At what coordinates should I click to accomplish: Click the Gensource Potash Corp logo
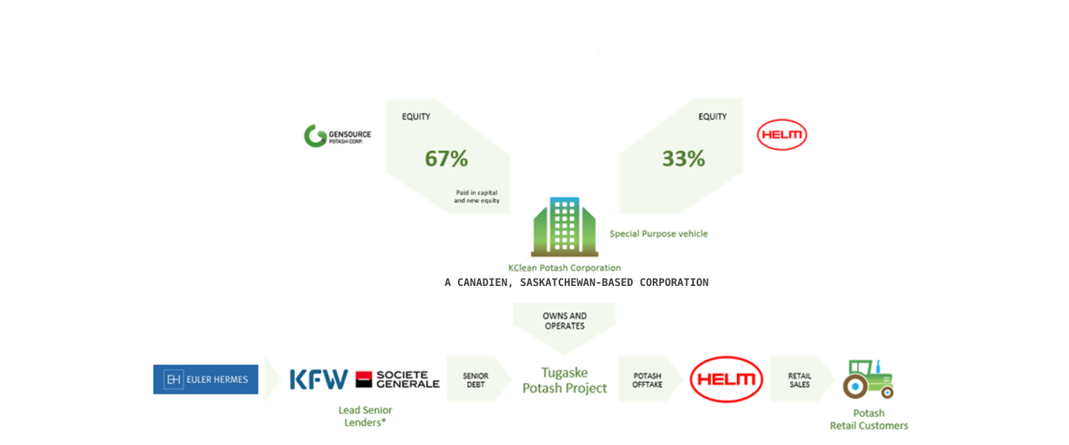(x=337, y=136)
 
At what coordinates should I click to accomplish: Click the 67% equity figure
(x=446, y=158)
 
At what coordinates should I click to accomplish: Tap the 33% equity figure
(x=683, y=158)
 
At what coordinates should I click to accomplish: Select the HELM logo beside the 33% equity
(x=782, y=134)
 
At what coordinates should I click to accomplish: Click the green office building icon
(x=565, y=227)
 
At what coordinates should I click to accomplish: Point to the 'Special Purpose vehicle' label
(x=659, y=234)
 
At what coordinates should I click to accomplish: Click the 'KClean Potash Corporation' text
(x=564, y=268)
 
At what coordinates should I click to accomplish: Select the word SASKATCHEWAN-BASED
(x=577, y=283)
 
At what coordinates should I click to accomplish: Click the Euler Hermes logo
(x=206, y=379)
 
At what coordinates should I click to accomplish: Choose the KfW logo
(x=319, y=379)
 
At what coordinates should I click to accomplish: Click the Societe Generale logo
(x=398, y=379)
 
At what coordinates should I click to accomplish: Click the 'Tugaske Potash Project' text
(x=565, y=380)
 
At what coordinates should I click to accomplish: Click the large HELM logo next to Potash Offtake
(x=727, y=379)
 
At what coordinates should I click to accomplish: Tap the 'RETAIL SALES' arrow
(x=802, y=379)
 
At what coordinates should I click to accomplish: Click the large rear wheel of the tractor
(x=855, y=386)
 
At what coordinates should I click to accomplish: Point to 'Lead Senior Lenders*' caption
(x=365, y=417)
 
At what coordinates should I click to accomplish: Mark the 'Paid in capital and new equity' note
(x=477, y=196)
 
